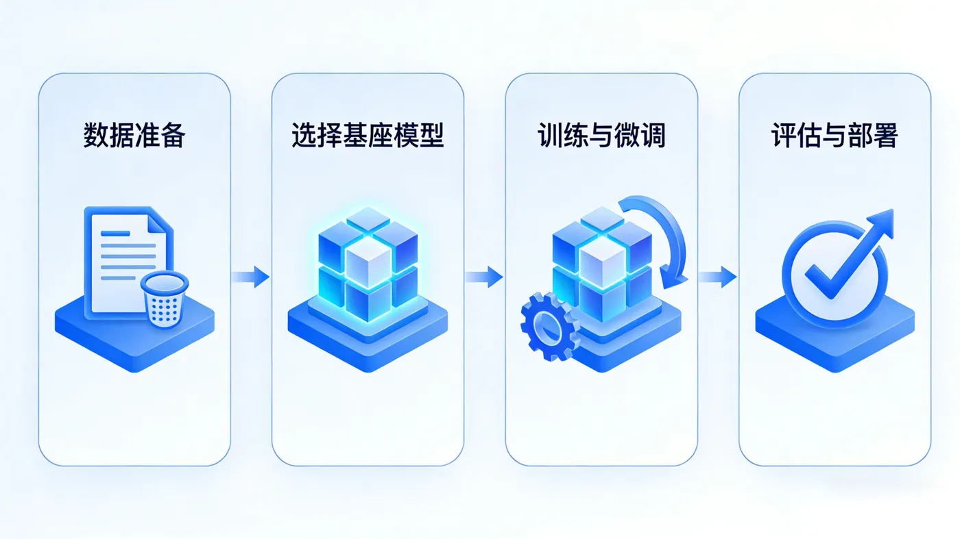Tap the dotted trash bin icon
[164, 298]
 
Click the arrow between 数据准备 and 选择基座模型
[251, 277]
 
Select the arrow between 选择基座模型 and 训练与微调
[484, 277]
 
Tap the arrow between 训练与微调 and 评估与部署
[718, 277]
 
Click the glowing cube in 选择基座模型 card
[368, 264]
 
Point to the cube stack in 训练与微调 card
[601, 264]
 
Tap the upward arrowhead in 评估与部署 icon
[883, 223]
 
